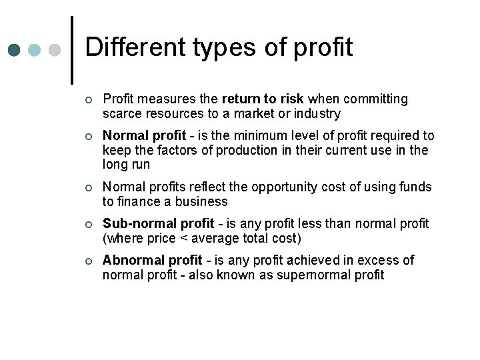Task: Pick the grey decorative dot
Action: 55,50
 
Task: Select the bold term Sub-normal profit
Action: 159,223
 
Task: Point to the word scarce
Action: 121,114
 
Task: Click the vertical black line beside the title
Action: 72,50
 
